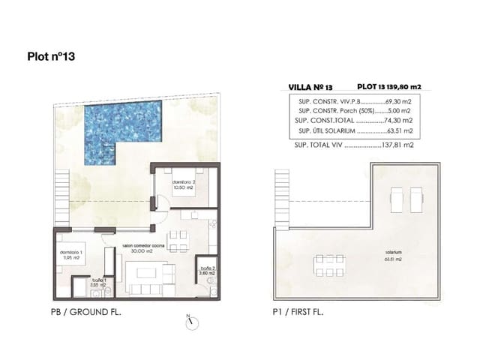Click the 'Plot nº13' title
pyautogui.click(x=51, y=55)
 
